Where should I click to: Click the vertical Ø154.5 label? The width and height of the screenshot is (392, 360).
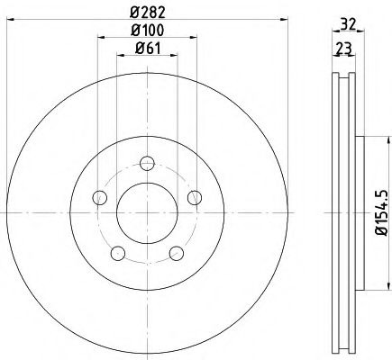(x=381, y=211)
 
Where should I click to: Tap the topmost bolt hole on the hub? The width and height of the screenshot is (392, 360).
(x=146, y=163)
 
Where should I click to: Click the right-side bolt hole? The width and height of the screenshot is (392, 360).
(x=193, y=198)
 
